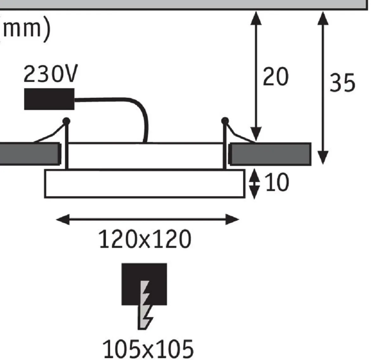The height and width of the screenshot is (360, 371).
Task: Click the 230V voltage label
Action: [x=51, y=74]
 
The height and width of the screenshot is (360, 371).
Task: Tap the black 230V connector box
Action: [x=49, y=99]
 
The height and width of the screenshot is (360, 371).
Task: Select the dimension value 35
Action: [x=342, y=83]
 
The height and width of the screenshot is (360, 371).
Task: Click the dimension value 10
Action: [x=277, y=182]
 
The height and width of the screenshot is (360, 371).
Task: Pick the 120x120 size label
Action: [x=145, y=239]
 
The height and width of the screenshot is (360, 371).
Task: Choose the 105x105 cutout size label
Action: [x=148, y=349]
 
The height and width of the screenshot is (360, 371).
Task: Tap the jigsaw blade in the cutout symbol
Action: [x=145, y=305]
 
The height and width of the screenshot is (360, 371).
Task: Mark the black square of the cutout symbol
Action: [x=144, y=284]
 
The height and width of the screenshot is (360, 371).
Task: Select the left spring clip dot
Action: [x=66, y=121]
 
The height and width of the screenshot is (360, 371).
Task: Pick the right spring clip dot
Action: [x=225, y=121]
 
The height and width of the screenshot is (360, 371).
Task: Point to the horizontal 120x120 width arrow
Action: [x=147, y=219]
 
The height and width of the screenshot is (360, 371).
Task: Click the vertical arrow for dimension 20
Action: [x=256, y=76]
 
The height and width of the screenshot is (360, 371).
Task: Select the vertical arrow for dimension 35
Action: [x=323, y=88]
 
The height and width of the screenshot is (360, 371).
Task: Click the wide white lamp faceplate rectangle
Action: [x=145, y=183]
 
